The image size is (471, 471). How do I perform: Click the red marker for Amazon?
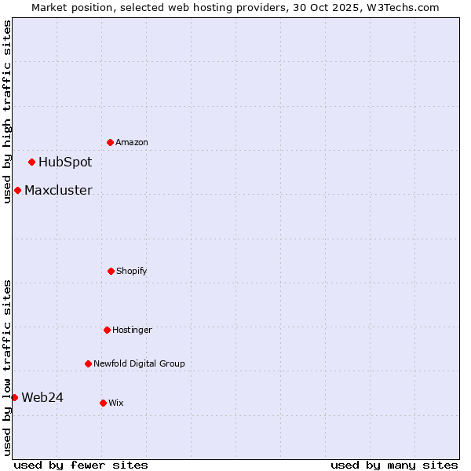coord(110,142)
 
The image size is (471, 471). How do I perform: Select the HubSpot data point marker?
coord(31,162)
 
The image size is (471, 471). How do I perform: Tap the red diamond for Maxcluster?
coord(17,190)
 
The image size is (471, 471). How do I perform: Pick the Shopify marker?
coord(111,271)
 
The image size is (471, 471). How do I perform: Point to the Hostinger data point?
coord(107,330)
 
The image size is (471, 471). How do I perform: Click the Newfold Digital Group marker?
coord(88,363)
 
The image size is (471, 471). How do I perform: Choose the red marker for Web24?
coord(14,397)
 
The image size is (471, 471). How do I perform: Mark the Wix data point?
coord(103,403)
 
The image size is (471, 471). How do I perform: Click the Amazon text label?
coord(132,143)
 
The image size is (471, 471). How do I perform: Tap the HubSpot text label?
coord(65,162)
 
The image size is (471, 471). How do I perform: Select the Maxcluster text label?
coord(58,190)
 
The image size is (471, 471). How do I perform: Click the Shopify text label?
coord(132,272)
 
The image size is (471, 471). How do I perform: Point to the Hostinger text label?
coord(132,330)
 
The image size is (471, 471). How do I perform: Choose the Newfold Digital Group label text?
coord(139,364)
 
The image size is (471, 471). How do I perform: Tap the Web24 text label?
coord(42,397)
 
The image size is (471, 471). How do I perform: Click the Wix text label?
coord(116,403)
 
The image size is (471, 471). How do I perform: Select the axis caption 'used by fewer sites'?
coord(81,465)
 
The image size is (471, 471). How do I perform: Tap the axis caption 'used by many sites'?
coord(394,465)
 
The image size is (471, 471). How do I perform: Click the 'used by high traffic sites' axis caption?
coord(7,111)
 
